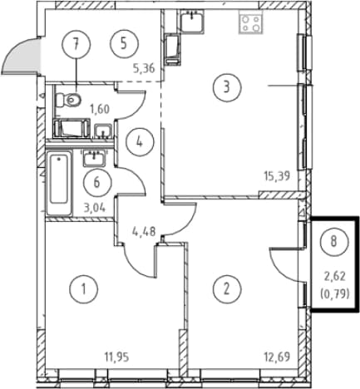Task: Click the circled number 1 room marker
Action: tap(83, 289)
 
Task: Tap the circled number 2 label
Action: tap(227, 289)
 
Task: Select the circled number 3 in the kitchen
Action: tap(227, 87)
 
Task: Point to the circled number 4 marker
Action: tap(140, 142)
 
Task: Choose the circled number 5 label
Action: tap(124, 44)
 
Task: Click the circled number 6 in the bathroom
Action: tap(96, 183)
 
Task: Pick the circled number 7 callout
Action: tap(76, 44)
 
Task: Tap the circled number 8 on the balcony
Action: tap(333, 242)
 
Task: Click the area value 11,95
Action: tap(116, 357)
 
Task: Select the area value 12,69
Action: tap(278, 357)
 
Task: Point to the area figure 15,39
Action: tap(277, 176)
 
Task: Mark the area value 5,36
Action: tap(144, 68)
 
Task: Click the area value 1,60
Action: tap(100, 109)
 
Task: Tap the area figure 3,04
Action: tap(95, 208)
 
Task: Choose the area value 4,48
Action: tap(144, 231)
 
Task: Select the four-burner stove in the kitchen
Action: tap(251, 24)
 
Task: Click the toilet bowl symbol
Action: tap(68, 100)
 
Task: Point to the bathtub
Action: tap(59, 183)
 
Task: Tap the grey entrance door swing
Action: tap(21, 57)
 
